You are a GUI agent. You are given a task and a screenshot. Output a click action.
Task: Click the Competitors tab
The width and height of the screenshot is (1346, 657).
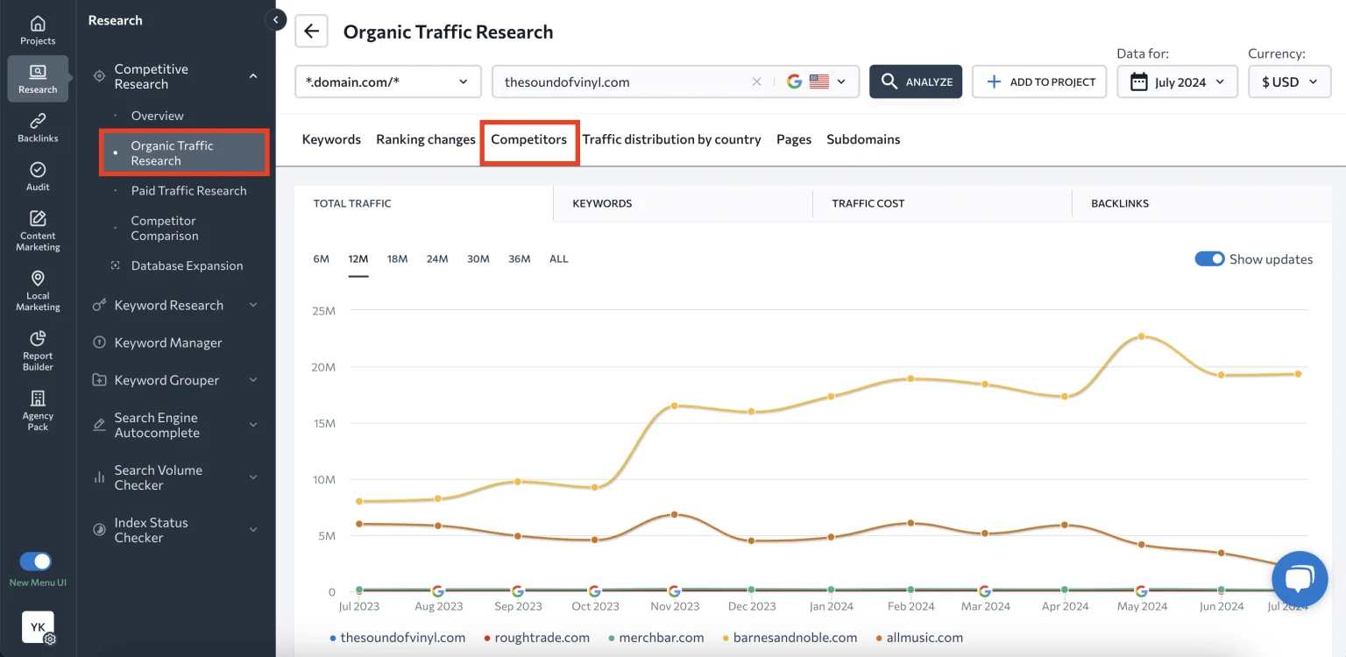(528, 139)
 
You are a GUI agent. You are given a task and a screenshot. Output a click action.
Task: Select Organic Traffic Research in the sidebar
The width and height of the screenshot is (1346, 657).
(172, 153)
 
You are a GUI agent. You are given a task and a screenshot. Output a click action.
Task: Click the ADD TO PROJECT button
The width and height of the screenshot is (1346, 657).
(1039, 81)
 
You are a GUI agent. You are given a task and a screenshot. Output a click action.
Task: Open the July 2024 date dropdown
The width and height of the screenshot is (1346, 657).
(1177, 82)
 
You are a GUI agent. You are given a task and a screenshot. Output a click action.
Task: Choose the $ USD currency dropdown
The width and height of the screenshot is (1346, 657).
(1289, 82)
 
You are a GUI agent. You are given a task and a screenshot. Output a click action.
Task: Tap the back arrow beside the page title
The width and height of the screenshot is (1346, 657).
(311, 32)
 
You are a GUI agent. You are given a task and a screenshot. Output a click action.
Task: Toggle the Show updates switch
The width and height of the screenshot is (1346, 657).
(1209, 259)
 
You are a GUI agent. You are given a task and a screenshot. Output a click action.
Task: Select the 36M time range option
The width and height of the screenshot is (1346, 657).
(520, 259)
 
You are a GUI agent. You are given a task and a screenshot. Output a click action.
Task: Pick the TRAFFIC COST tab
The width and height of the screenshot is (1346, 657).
(868, 203)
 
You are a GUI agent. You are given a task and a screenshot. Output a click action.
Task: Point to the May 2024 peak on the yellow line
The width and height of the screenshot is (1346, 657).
(1141, 336)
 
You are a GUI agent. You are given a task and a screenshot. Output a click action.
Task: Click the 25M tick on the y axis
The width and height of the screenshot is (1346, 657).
(323, 310)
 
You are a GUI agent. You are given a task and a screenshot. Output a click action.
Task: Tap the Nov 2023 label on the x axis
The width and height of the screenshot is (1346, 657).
(675, 606)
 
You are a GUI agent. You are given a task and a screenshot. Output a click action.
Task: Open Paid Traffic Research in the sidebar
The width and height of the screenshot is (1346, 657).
(188, 191)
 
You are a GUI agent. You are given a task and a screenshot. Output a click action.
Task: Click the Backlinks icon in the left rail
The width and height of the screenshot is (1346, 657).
(38, 127)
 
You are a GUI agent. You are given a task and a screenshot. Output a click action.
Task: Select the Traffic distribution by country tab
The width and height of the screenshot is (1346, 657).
(671, 139)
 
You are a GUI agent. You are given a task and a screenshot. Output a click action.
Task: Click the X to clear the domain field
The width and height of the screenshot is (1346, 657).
(756, 82)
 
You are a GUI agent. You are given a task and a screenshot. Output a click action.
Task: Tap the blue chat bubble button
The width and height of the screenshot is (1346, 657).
(1300, 579)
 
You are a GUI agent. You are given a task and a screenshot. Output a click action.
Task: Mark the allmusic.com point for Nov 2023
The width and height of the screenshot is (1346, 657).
(674, 514)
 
